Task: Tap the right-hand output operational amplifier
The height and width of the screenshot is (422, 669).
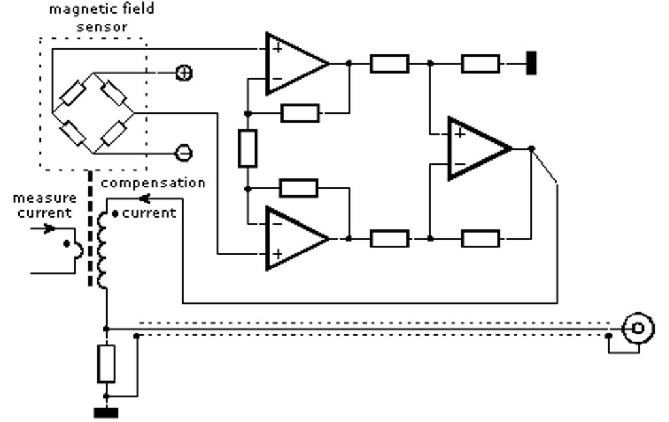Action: point(475,149)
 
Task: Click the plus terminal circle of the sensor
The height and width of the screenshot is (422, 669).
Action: point(184,73)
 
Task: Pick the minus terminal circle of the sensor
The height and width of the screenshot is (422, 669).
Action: point(184,154)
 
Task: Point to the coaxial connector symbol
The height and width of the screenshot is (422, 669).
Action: point(637,329)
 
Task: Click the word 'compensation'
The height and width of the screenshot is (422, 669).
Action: point(153,183)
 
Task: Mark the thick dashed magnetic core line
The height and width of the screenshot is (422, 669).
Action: point(90,229)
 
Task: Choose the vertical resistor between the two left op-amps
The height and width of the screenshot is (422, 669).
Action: point(248,148)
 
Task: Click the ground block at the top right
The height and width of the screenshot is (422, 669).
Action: point(531,64)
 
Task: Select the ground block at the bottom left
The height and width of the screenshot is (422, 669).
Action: point(106,412)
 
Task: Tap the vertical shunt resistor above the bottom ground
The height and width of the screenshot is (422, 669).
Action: point(106,364)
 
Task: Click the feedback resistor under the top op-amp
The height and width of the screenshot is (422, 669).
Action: point(300,114)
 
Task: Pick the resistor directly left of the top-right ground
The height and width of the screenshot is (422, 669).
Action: point(481,64)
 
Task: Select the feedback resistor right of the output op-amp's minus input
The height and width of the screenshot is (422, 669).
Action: point(481,238)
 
